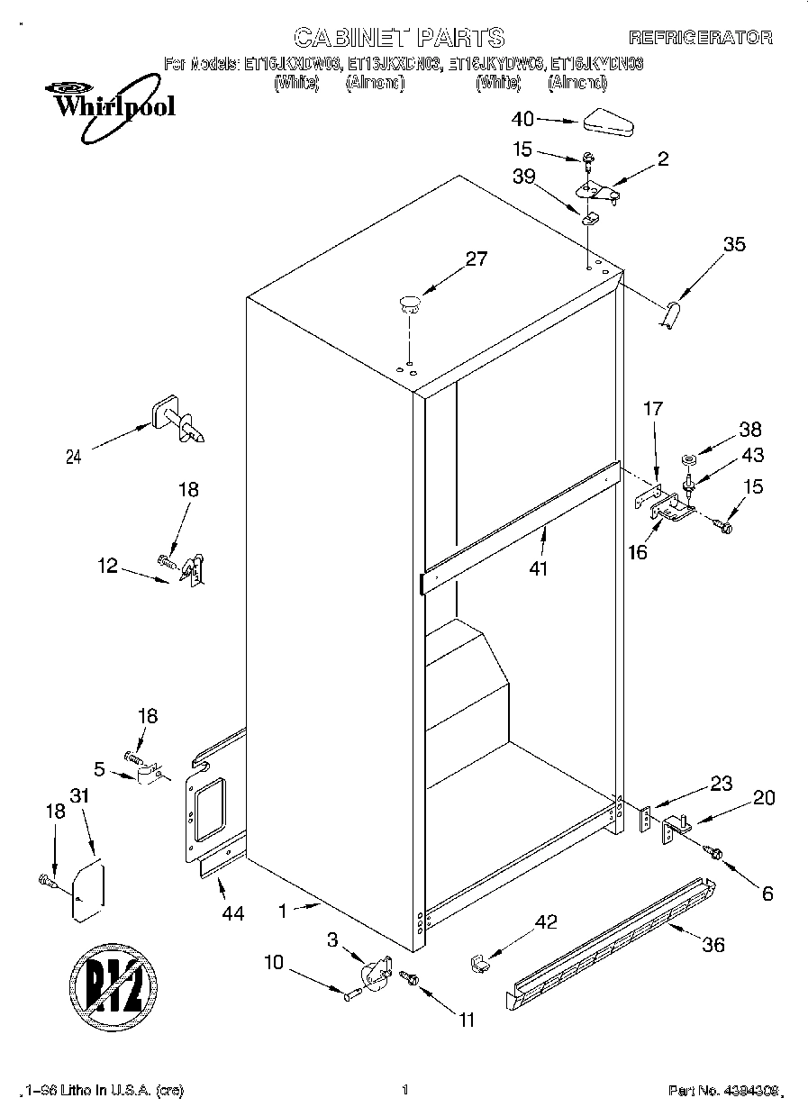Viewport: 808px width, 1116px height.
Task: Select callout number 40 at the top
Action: pyautogui.click(x=522, y=119)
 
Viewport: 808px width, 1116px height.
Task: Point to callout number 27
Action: pyautogui.click(x=476, y=259)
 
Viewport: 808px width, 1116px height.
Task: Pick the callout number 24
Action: pyautogui.click(x=73, y=457)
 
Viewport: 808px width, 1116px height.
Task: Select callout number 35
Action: pyautogui.click(x=734, y=244)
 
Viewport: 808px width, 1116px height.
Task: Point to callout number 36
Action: pyautogui.click(x=713, y=945)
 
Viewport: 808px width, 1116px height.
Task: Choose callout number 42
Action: pyautogui.click(x=546, y=921)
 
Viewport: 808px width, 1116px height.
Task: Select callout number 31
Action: pyautogui.click(x=81, y=796)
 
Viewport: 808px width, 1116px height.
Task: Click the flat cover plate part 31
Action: pyautogui.click(x=88, y=892)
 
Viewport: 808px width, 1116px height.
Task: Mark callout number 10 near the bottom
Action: pyautogui.click(x=273, y=963)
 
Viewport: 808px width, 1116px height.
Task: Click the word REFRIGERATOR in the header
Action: pyautogui.click(x=700, y=38)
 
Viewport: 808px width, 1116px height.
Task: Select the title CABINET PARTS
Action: pyautogui.click(x=399, y=37)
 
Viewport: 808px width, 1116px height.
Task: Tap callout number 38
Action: pyautogui.click(x=749, y=430)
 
